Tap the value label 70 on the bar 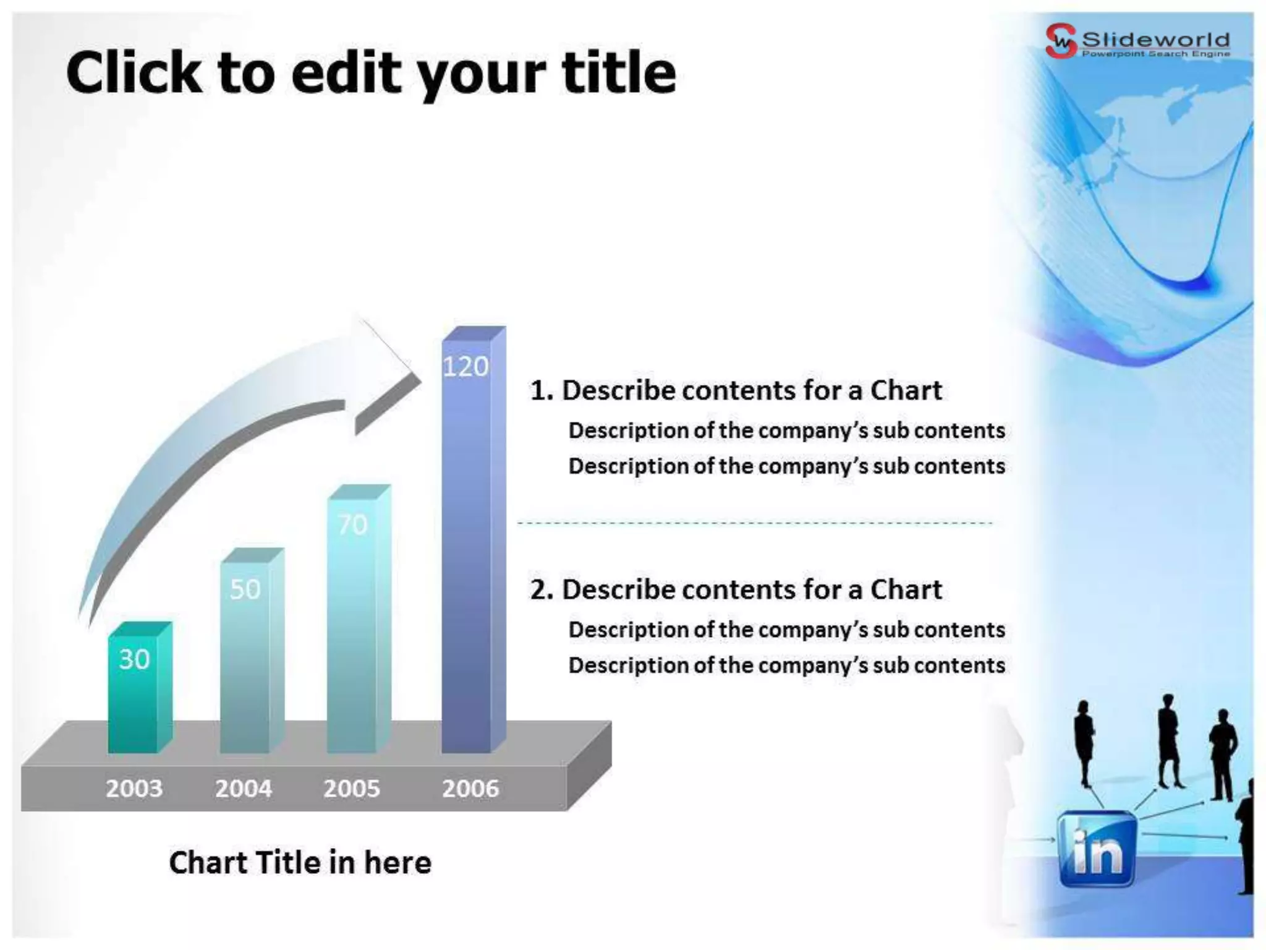tap(352, 525)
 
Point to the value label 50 tap(245, 589)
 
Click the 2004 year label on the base tap(243, 789)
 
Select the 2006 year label tap(470, 789)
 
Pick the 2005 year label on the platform tap(351, 789)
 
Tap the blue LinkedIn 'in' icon tap(1097, 849)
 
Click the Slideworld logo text tap(1155, 40)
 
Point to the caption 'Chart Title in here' tap(300, 863)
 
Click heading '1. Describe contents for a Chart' tap(736, 391)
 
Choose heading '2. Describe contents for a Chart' tap(736, 590)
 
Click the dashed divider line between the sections tap(754, 523)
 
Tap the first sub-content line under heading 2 tap(786, 630)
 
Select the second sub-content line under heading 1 tap(786, 466)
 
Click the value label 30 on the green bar tap(134, 660)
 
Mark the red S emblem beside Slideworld tap(1060, 41)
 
